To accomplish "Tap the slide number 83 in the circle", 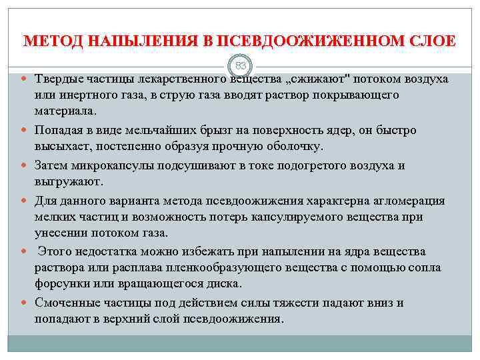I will [240, 65].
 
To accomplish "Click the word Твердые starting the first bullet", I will [59, 79].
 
